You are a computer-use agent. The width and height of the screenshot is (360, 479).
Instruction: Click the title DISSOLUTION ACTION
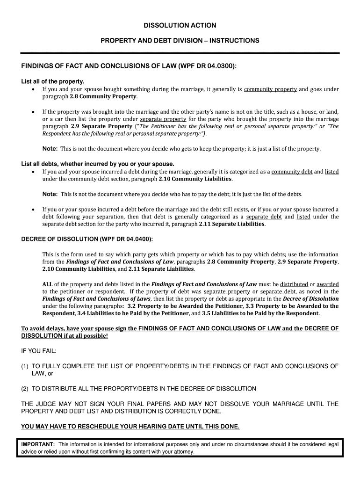pyautogui.click(x=180, y=25)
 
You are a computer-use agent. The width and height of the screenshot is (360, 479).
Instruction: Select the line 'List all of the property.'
pyautogui.click(x=53, y=81)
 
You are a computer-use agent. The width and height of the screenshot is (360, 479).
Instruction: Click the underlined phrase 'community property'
pyautogui.click(x=270, y=89)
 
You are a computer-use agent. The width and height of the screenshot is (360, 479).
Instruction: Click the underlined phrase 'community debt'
pyautogui.click(x=292, y=172)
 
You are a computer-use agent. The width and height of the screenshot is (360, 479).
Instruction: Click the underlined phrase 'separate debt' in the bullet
pyautogui.click(x=264, y=217)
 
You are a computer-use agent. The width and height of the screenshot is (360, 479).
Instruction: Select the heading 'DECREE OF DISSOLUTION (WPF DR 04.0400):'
pyautogui.click(x=87, y=239)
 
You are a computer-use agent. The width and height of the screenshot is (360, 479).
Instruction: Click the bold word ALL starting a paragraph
pyautogui.click(x=48, y=284)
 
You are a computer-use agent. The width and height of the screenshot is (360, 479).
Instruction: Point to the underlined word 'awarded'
pyautogui.click(x=328, y=284)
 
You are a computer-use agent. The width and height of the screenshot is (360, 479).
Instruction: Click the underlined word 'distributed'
pyautogui.click(x=294, y=284)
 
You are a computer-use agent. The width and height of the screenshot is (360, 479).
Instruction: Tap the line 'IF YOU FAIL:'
pyautogui.click(x=39, y=351)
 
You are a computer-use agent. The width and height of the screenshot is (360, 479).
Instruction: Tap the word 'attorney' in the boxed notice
pyautogui.click(x=181, y=452)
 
